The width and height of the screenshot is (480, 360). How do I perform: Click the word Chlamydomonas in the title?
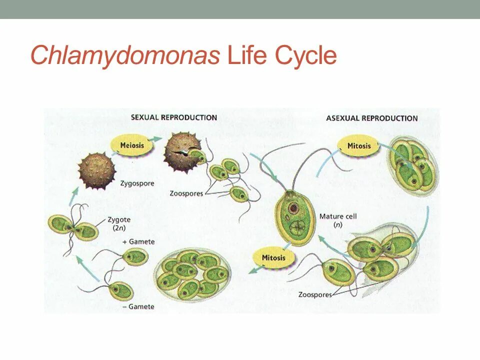click(125, 55)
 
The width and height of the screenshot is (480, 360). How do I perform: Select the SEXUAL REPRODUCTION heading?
click(174, 117)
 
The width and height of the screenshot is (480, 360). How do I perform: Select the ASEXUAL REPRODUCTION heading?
click(371, 118)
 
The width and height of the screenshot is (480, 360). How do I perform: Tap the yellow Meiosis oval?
click(132, 146)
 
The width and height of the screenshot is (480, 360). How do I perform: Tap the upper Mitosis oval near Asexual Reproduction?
click(359, 146)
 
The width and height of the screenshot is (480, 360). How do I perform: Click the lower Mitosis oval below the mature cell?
click(273, 258)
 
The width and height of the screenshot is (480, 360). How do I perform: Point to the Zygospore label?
click(137, 183)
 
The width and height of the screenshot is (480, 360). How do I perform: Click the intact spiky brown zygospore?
click(97, 170)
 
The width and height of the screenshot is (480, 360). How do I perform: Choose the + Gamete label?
click(138, 241)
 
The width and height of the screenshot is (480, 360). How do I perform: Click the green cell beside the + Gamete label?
click(135, 257)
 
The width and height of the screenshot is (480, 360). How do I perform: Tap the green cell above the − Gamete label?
click(120, 290)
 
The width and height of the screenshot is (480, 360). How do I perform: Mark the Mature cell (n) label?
click(337, 220)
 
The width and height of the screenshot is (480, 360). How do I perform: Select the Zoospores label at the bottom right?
click(315, 295)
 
